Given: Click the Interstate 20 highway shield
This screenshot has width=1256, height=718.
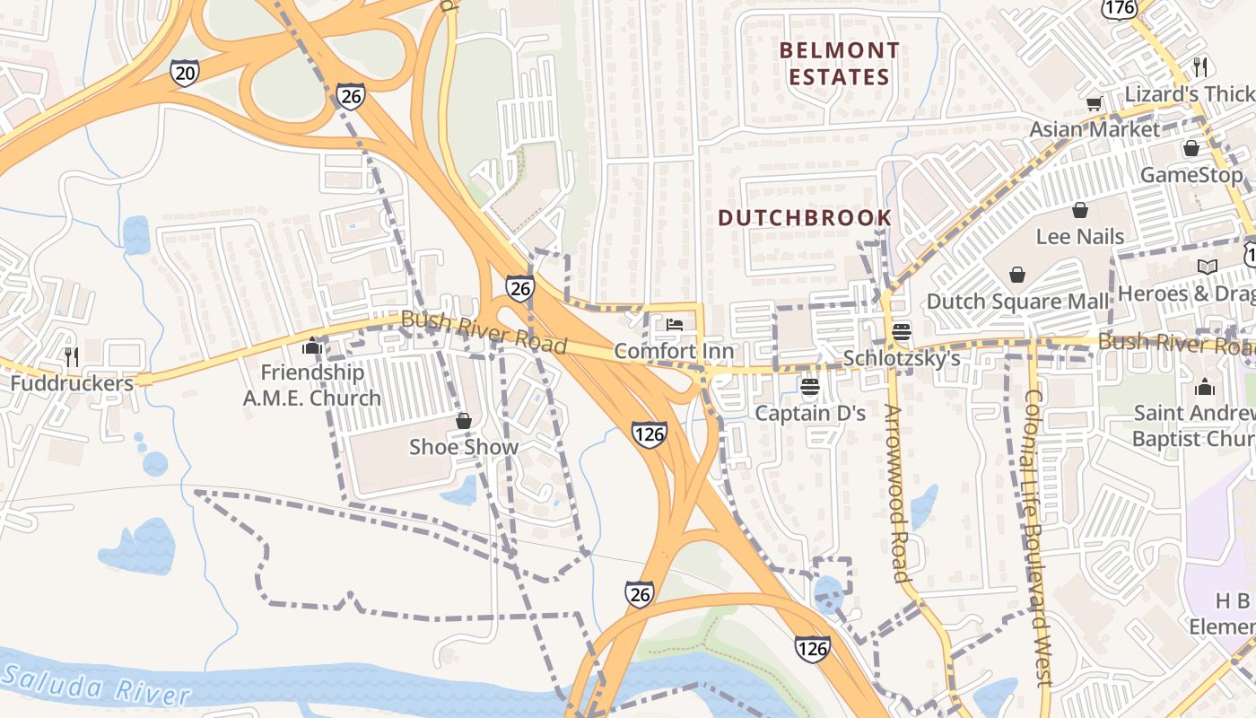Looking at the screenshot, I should (184, 73).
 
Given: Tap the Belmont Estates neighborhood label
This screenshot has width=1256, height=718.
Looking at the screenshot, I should (839, 64).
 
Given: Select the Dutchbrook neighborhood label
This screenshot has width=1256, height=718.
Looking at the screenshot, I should (805, 217).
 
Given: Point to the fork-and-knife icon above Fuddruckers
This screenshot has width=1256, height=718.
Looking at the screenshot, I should (71, 357).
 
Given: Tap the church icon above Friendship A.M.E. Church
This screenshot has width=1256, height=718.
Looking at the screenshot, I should (312, 346).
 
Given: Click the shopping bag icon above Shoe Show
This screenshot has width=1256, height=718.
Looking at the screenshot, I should (464, 421).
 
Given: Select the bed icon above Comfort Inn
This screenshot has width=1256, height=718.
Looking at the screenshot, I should (675, 325).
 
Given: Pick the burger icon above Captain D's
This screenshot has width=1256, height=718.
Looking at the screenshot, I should (810, 387).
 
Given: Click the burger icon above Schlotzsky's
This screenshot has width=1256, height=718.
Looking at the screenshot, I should (902, 332).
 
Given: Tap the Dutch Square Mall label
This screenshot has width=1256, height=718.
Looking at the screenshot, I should (1017, 302).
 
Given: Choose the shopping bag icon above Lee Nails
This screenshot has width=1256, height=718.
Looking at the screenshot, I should (1080, 210).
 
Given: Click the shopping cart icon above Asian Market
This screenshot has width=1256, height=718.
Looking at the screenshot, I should (1094, 103).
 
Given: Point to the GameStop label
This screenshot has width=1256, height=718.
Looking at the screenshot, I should (1191, 175).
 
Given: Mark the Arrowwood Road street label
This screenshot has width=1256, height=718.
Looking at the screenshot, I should (898, 493).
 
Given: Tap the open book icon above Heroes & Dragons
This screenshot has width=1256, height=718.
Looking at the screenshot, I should (1207, 267).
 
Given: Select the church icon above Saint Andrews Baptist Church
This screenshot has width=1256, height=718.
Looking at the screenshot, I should (1204, 387).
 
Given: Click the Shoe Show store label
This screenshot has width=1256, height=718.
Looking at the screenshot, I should (464, 447).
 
